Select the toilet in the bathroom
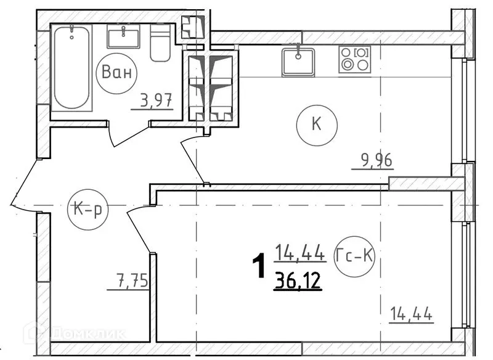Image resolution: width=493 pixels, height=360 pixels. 160,43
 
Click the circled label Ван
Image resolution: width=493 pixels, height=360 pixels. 117,73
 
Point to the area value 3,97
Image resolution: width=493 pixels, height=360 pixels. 152,99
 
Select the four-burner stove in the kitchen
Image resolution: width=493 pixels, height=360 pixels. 354,60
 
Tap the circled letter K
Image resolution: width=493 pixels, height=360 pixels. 317,124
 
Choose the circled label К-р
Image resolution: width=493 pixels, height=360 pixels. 88,209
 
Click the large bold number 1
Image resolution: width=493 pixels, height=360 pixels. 259,267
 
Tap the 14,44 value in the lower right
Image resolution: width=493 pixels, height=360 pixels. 410,314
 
